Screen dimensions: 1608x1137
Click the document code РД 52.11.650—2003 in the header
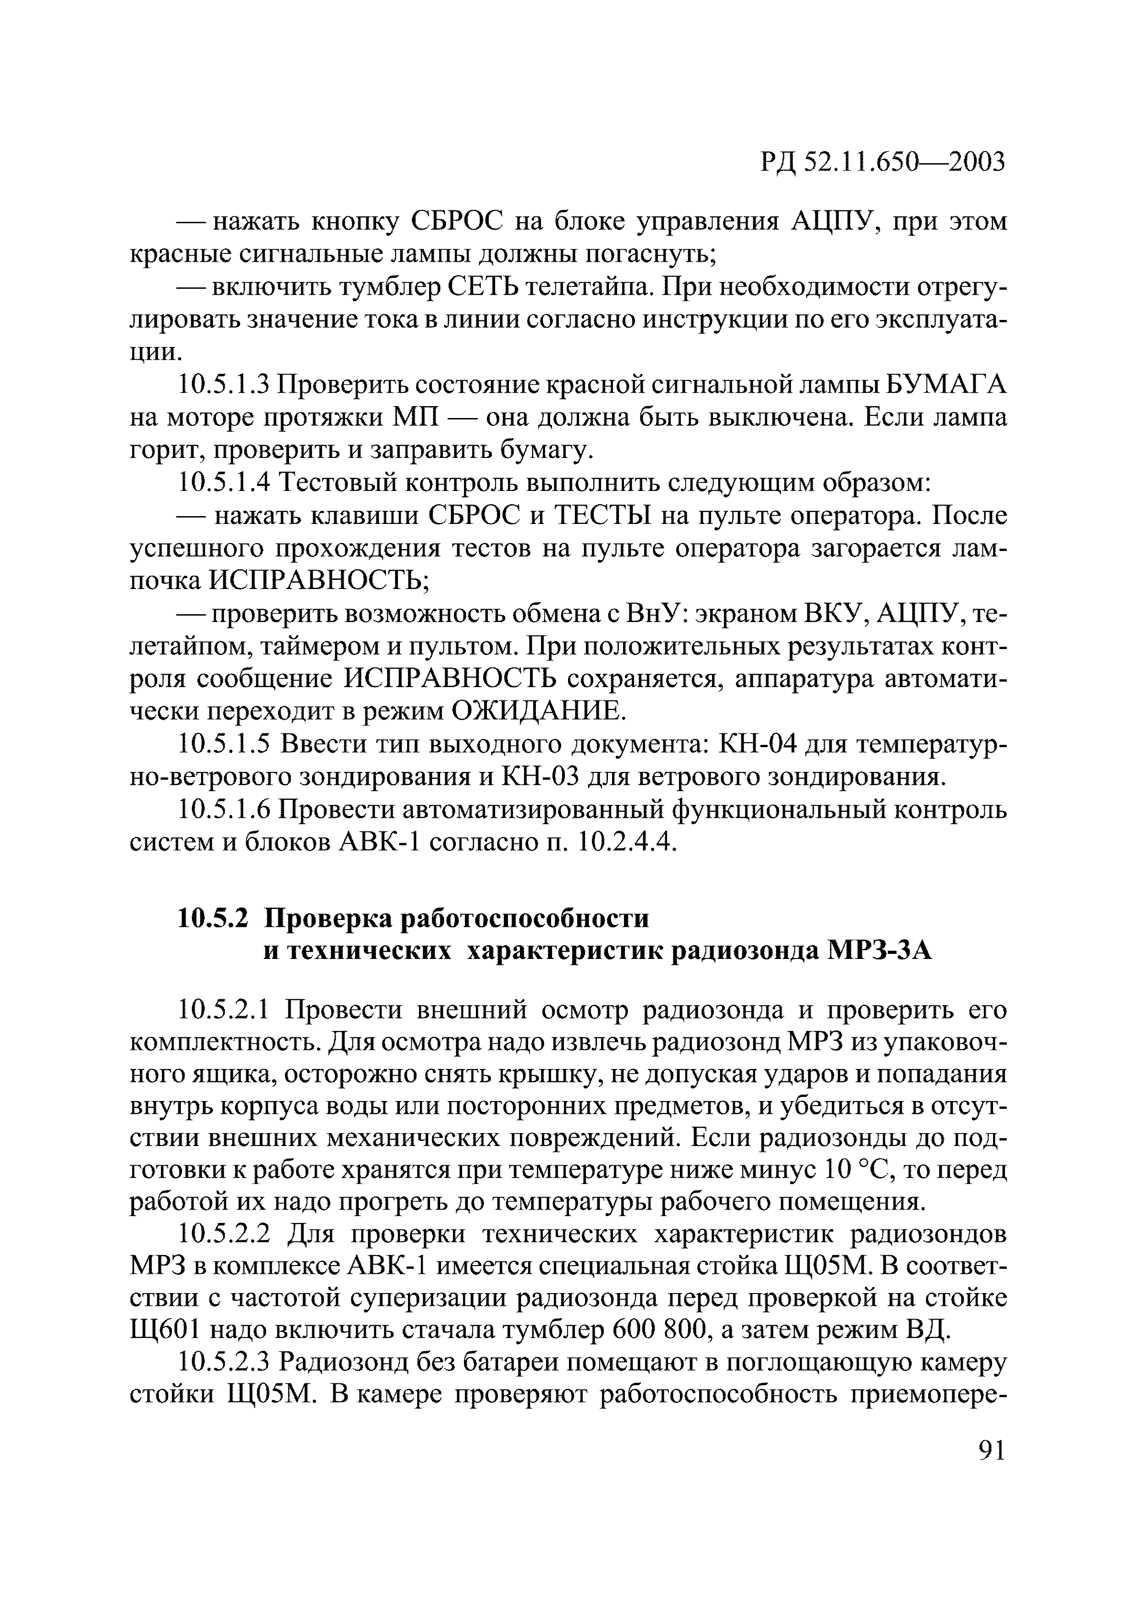pyautogui.click(x=882, y=162)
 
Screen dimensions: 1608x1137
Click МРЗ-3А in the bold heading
pyautogui.click(x=880, y=952)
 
